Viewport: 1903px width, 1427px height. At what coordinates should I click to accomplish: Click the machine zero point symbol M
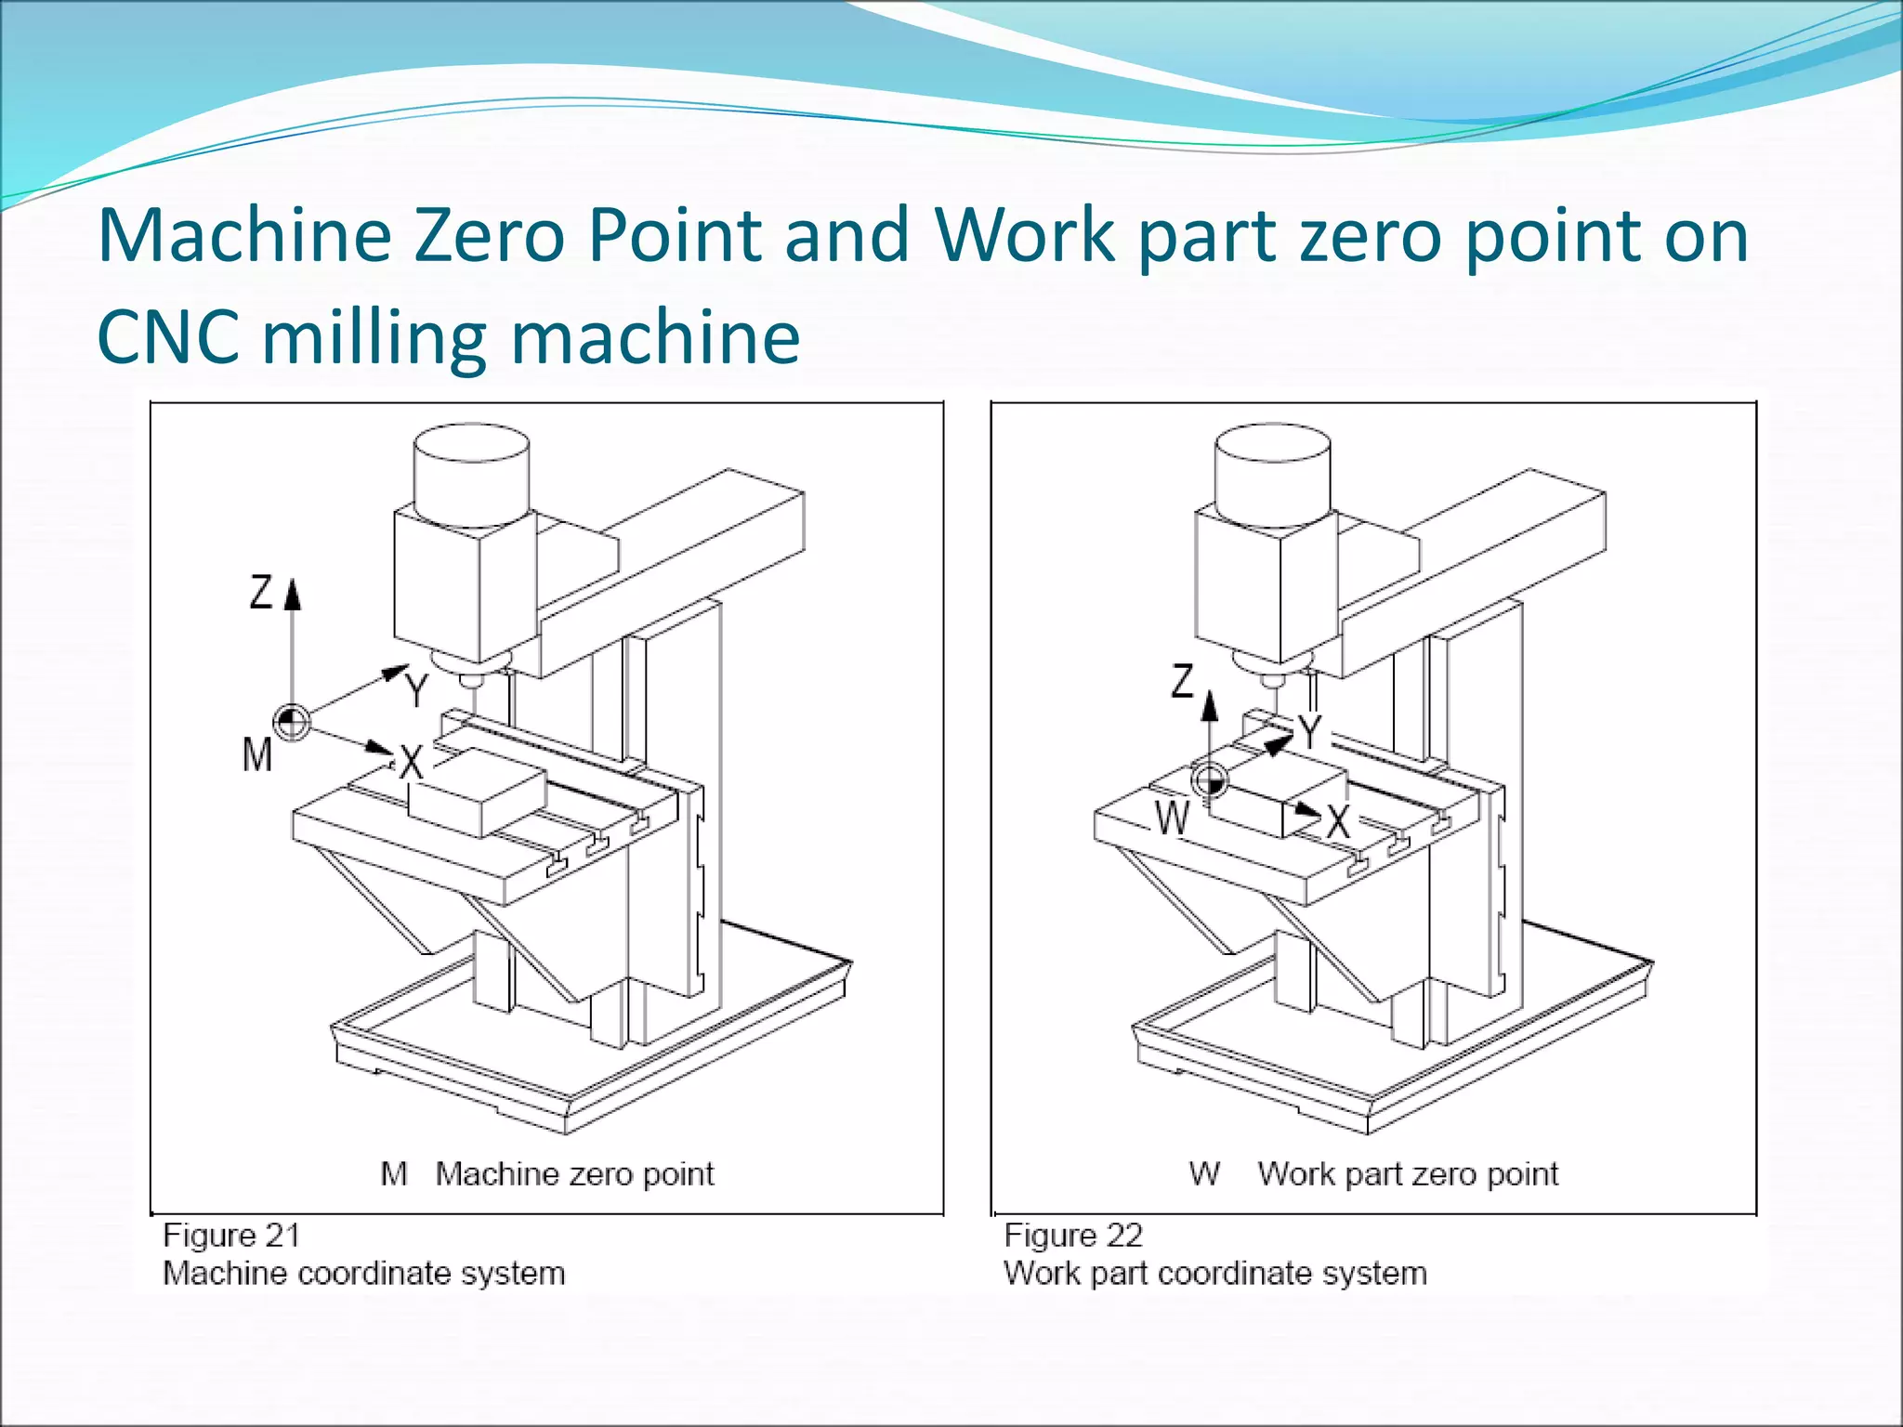click(x=292, y=722)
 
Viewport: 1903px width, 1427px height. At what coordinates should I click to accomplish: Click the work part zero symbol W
click(x=1210, y=780)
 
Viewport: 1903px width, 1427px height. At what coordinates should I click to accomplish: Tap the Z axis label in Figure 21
click(x=261, y=592)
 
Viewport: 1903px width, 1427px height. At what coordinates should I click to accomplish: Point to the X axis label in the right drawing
click(x=1338, y=821)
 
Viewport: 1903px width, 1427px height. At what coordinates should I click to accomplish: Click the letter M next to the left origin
click(x=257, y=754)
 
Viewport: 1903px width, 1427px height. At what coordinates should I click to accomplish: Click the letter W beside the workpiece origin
click(x=1173, y=818)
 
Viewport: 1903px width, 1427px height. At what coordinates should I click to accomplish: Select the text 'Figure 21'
click(x=231, y=1236)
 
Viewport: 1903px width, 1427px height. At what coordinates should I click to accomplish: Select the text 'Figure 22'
click(x=1073, y=1236)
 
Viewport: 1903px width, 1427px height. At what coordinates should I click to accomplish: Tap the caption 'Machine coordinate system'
click(x=363, y=1273)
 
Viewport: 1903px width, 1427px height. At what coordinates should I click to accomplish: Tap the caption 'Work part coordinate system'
click(x=1214, y=1273)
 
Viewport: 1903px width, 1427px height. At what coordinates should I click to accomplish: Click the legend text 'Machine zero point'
click(x=574, y=1174)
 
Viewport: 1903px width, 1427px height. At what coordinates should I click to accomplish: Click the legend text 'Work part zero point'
click(x=1408, y=1174)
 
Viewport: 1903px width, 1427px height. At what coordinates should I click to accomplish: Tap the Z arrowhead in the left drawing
click(x=293, y=594)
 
